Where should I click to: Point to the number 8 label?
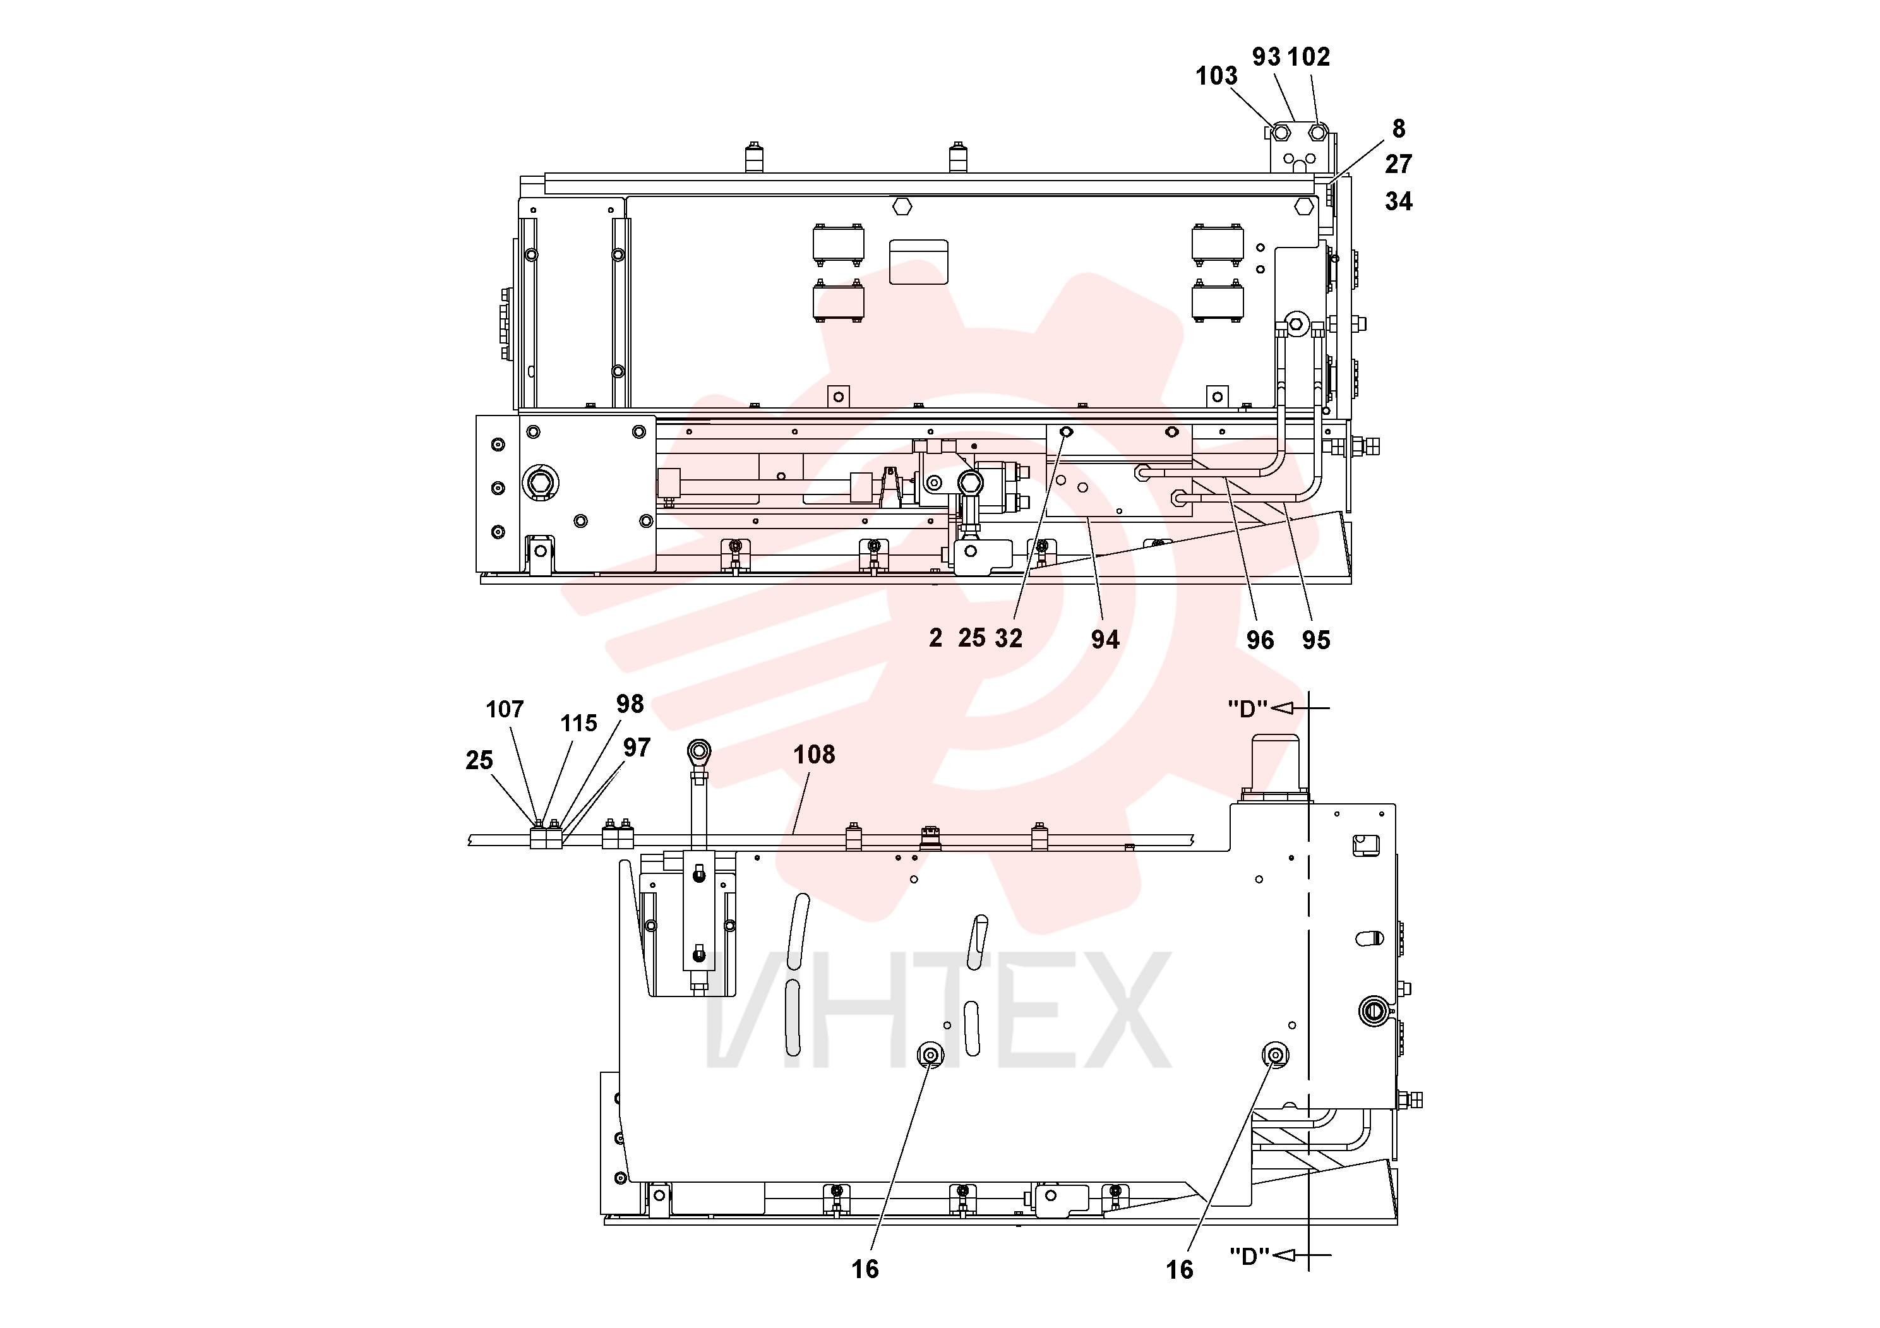click(x=1399, y=129)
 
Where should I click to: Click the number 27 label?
click(x=1399, y=165)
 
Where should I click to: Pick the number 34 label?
click(x=1399, y=201)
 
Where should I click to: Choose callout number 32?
click(x=1009, y=638)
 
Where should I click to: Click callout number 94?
click(x=1105, y=640)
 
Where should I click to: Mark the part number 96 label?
click(x=1260, y=640)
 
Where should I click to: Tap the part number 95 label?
click(x=1316, y=640)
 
